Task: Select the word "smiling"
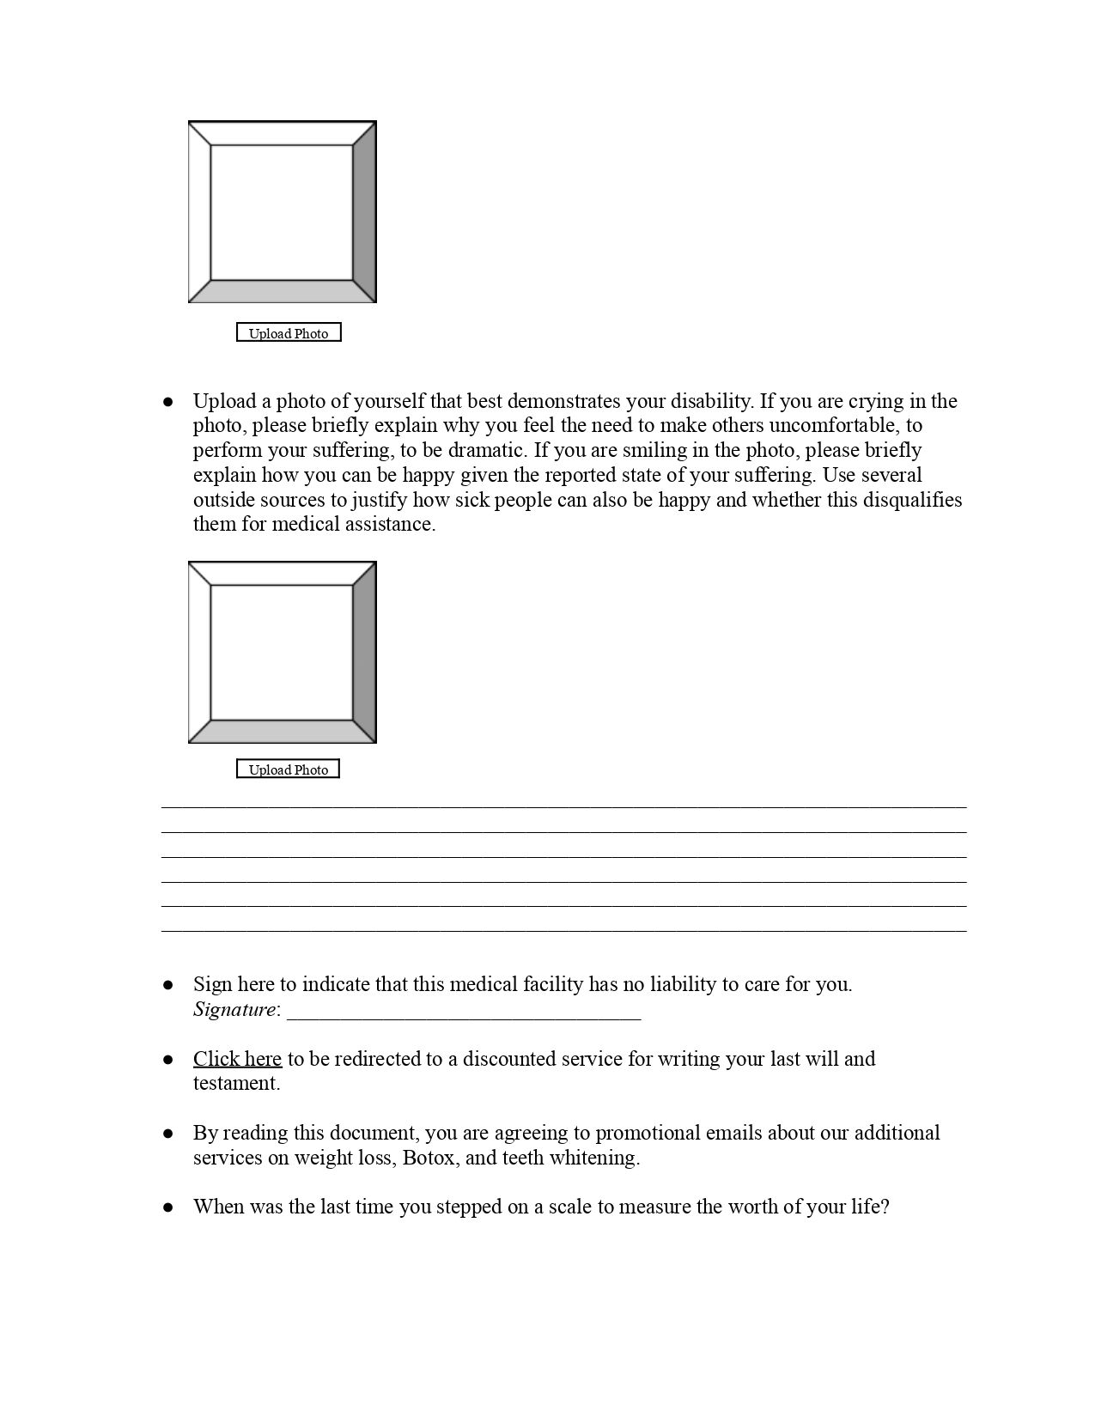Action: pos(654,450)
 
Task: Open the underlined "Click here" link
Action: pos(237,1059)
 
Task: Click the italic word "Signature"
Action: pos(234,1010)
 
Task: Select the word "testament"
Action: pos(234,1084)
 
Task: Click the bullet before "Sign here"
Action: pos(168,985)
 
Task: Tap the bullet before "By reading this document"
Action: pos(168,1134)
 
